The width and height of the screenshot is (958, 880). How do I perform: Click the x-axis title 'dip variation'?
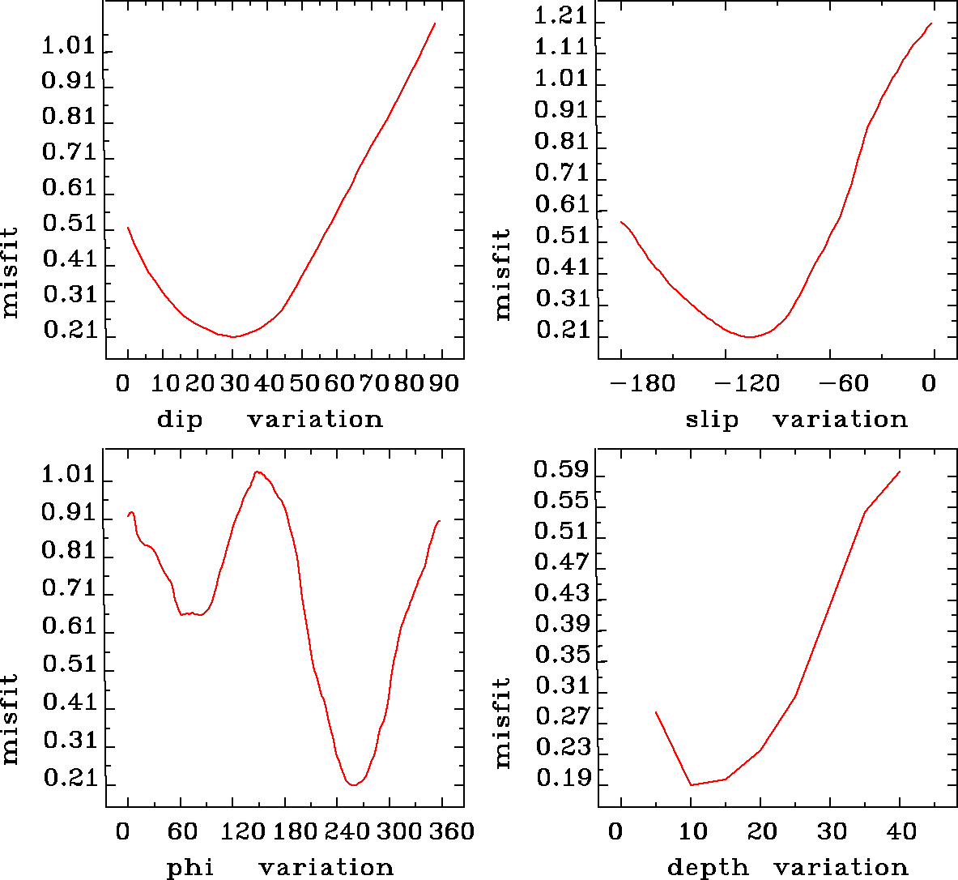(270, 419)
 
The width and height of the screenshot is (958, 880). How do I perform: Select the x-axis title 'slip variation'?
(797, 419)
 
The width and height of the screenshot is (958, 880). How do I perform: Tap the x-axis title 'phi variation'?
(280, 867)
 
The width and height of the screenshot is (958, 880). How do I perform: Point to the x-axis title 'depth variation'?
(787, 867)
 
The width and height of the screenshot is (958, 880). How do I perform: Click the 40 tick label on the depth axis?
(901, 831)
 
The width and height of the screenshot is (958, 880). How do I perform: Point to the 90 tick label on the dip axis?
(443, 382)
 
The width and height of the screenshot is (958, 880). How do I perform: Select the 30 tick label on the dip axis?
(233, 382)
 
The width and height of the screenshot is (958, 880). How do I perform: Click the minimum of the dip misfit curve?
(233, 336)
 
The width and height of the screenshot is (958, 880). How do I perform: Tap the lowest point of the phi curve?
(353, 784)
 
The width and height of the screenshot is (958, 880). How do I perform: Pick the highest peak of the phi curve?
(258, 472)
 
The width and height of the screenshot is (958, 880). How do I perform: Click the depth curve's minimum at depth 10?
(691, 784)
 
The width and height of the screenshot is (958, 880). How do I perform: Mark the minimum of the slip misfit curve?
(751, 336)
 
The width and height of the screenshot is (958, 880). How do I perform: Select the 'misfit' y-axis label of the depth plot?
(503, 723)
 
